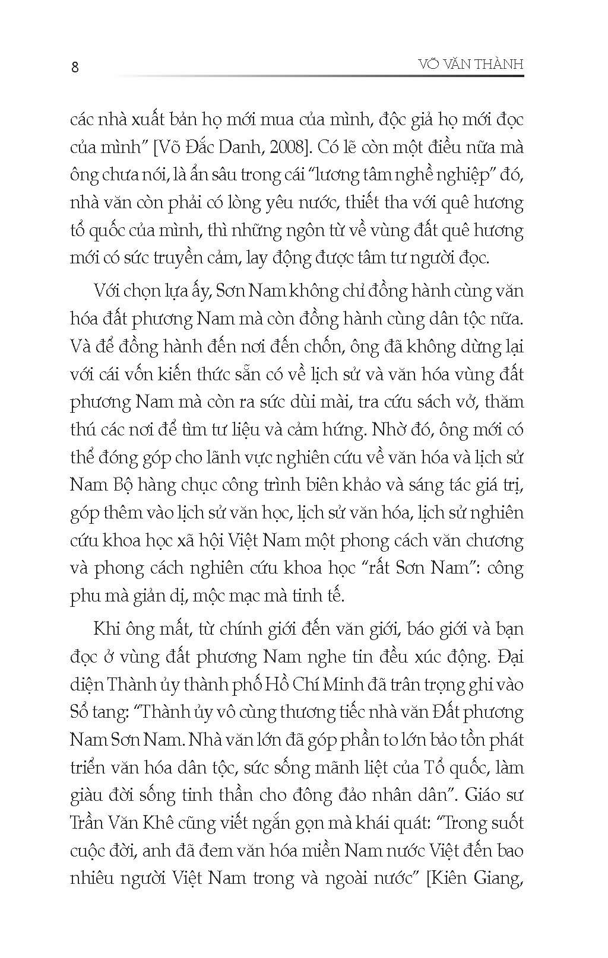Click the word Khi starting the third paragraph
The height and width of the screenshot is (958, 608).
pos(106,629)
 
